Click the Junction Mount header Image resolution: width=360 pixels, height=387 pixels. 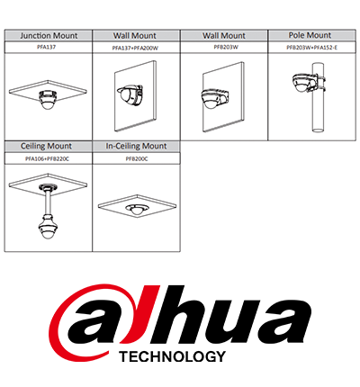[x=49, y=36]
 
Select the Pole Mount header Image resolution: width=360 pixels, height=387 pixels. [x=310, y=35]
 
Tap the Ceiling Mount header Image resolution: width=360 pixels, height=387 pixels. [x=46, y=147]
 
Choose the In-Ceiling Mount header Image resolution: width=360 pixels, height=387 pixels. [x=136, y=147]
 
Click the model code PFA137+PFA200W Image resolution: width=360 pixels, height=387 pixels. [x=135, y=48]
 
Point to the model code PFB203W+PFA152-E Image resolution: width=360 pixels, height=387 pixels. [x=312, y=48]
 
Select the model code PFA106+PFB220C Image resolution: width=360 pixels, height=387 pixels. [x=47, y=159]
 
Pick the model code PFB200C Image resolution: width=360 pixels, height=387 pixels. [x=137, y=159]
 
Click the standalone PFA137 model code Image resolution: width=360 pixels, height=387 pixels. [x=49, y=47]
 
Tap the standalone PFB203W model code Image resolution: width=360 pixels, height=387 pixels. [x=226, y=47]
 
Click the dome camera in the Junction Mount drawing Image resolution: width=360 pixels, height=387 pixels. [x=48, y=99]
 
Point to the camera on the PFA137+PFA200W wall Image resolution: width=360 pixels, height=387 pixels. [x=130, y=94]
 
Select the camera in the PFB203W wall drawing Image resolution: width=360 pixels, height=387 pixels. [x=214, y=98]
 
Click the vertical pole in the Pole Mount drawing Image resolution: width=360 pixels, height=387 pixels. [x=318, y=97]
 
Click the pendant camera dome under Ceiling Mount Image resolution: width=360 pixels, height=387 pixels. [x=47, y=227]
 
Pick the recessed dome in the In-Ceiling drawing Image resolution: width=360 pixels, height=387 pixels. [x=137, y=209]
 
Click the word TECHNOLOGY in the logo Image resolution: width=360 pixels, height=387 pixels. [x=172, y=356]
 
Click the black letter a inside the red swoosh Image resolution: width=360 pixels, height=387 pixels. [x=99, y=323]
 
